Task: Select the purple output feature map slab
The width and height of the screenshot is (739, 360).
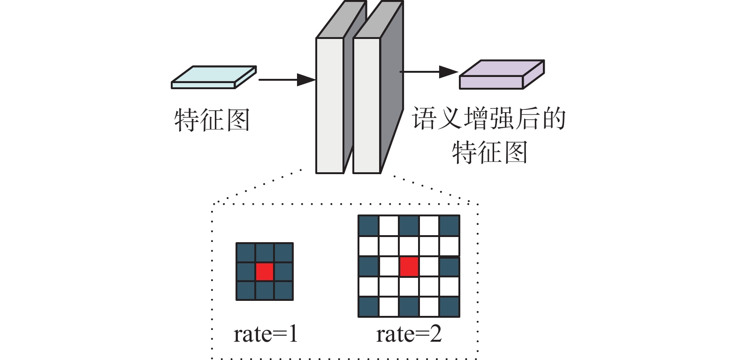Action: [x=501, y=75]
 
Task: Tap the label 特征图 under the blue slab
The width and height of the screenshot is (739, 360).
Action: [x=212, y=120]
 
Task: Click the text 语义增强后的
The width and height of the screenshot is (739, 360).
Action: [x=489, y=118]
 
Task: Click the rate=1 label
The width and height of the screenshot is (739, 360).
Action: [x=266, y=334]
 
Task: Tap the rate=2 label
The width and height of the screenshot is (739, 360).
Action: [x=409, y=334]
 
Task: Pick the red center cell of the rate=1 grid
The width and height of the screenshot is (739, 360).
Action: [x=265, y=271]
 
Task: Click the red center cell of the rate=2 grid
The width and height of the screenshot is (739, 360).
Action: [x=409, y=266]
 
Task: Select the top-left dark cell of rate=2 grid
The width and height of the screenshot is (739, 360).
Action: [x=368, y=226]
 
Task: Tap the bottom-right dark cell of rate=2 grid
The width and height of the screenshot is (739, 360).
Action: [x=449, y=307]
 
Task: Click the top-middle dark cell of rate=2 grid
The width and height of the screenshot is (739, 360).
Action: [x=409, y=226]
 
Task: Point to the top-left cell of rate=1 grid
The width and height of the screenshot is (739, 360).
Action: [x=246, y=253]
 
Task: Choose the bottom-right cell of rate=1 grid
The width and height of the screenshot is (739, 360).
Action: [x=283, y=290]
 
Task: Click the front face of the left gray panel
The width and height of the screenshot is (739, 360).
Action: [x=330, y=106]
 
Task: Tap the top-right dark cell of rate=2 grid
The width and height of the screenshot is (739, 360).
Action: [x=449, y=226]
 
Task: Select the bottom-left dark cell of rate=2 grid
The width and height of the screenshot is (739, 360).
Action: [x=368, y=307]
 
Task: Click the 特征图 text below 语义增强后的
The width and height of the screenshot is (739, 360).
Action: [x=490, y=153]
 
